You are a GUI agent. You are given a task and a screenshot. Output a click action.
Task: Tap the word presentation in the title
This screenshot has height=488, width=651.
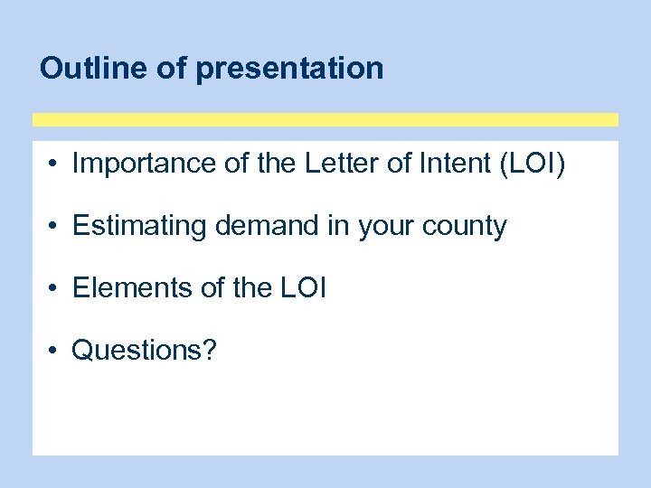(x=289, y=69)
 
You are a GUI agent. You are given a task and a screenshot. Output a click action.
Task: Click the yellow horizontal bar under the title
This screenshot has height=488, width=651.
(x=325, y=119)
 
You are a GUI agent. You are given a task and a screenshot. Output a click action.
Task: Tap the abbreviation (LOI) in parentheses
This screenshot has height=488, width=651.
(x=532, y=164)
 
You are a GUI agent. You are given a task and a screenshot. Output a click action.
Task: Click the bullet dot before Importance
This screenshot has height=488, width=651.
(x=55, y=165)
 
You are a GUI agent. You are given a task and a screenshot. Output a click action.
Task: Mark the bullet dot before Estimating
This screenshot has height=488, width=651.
(x=55, y=227)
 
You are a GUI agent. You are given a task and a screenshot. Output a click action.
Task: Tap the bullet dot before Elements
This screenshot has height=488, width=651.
(x=55, y=289)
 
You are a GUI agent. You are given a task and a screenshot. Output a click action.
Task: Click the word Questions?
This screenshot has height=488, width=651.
(x=145, y=351)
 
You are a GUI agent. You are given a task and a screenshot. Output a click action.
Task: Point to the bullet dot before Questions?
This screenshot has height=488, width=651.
(x=55, y=351)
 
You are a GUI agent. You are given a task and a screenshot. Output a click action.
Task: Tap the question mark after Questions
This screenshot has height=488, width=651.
(x=210, y=350)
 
